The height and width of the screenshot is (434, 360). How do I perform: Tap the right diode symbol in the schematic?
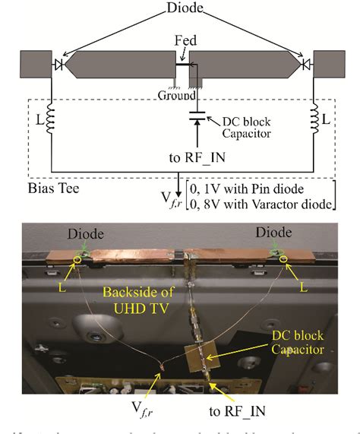point(305,66)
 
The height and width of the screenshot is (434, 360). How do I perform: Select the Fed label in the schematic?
point(183,38)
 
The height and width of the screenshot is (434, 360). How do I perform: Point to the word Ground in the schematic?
point(172,95)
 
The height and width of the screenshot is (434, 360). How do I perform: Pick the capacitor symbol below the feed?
point(195,117)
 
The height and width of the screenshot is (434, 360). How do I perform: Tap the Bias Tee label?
point(46,187)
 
